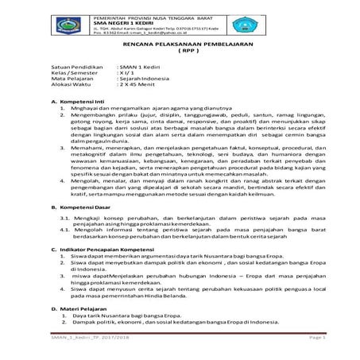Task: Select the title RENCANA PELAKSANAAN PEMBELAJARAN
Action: pyautogui.click(x=180, y=48)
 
